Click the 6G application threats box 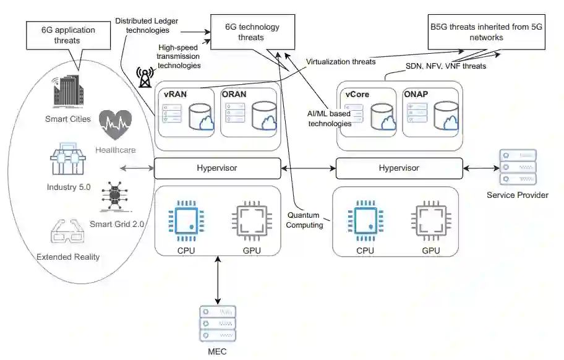[60, 35]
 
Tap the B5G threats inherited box [487, 33]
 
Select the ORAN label [234, 95]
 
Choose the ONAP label [416, 95]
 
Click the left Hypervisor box [216, 168]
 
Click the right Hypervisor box [399, 168]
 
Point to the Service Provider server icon [516, 168]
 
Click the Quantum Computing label [304, 220]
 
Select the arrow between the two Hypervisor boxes [308, 168]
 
